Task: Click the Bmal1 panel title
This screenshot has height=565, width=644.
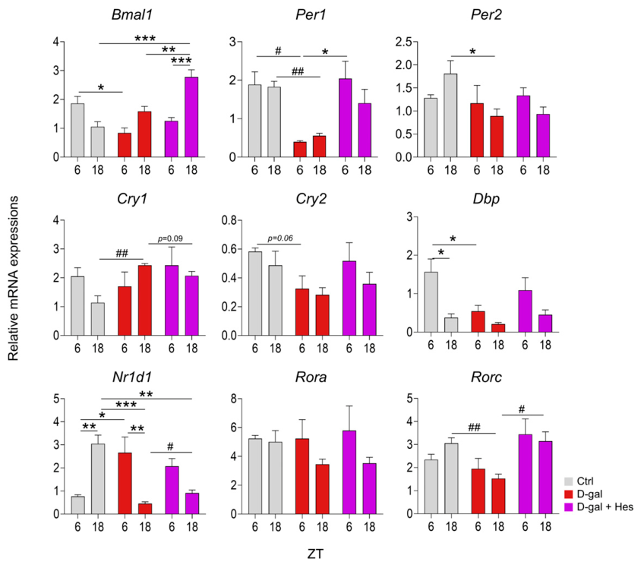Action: (x=132, y=14)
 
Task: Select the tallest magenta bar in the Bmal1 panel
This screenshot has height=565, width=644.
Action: (x=191, y=117)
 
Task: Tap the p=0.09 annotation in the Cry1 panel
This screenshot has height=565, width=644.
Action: (x=170, y=238)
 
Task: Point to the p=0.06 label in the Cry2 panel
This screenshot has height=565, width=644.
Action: (x=280, y=238)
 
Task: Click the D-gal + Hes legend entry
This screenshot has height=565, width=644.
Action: (x=599, y=507)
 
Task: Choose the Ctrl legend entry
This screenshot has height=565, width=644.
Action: (x=579, y=481)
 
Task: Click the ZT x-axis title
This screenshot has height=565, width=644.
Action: (x=315, y=554)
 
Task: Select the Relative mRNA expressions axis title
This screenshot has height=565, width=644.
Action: (x=13, y=279)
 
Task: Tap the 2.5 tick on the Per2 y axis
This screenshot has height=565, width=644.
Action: (x=404, y=42)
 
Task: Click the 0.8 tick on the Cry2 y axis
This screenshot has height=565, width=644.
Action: (x=229, y=220)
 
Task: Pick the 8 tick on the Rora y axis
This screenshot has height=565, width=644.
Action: (x=233, y=399)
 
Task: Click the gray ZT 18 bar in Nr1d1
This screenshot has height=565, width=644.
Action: (x=98, y=478)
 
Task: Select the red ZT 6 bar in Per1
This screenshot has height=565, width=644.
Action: (x=300, y=150)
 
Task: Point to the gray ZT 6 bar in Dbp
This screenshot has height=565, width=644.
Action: (x=431, y=301)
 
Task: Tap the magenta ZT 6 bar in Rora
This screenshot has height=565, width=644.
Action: (x=349, y=472)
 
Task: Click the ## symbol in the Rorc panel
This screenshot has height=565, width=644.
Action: (x=474, y=428)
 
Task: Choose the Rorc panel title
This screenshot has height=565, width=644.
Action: (x=486, y=377)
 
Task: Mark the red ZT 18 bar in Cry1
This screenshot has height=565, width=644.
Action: (x=144, y=301)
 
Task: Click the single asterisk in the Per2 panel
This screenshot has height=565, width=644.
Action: (x=472, y=52)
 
